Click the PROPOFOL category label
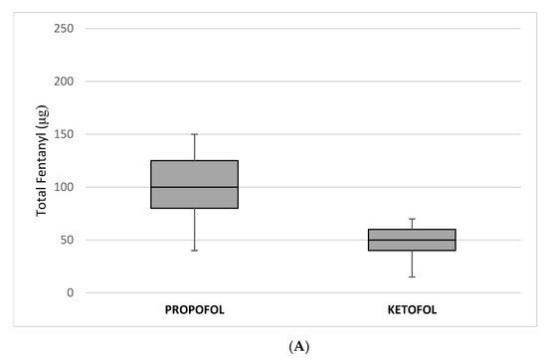[195, 309]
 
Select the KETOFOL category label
[412, 309]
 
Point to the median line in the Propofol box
[195, 187]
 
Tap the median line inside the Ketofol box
[412, 240]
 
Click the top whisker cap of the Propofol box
[195, 133]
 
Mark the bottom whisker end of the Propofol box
[195, 251]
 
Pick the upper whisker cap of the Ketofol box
[412, 219]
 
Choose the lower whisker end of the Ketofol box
[412, 276]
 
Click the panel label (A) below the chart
[273, 347]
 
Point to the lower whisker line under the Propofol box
[195, 230]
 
